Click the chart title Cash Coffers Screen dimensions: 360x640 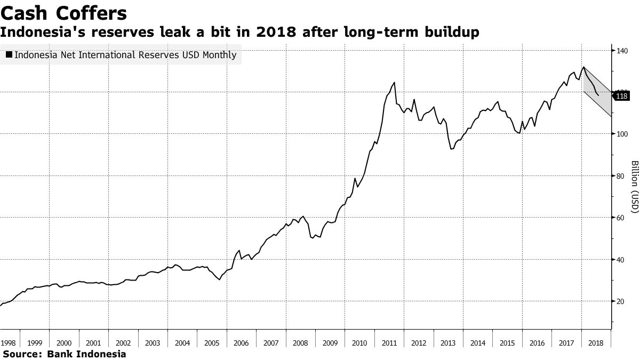64,12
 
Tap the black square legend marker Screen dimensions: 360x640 9,54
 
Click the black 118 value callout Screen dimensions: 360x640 622,97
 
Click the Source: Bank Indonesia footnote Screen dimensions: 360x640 64,354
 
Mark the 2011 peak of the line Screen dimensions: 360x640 394,83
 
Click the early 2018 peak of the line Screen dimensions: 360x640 583,67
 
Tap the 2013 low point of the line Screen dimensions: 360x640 451,149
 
